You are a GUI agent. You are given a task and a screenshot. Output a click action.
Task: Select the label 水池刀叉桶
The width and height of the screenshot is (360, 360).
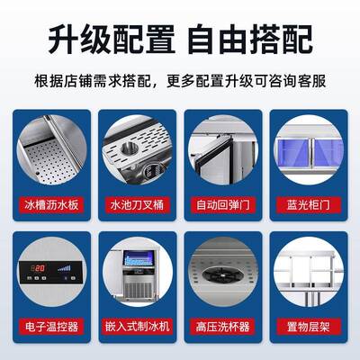click(x=137, y=204)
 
